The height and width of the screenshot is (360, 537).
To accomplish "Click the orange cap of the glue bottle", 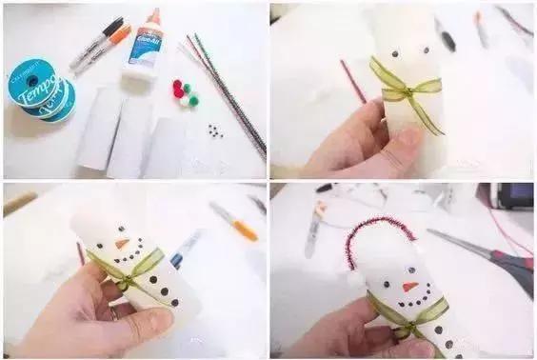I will (152, 16).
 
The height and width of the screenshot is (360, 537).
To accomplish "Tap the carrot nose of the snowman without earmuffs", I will (122, 244).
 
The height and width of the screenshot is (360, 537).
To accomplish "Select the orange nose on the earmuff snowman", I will (409, 286).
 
